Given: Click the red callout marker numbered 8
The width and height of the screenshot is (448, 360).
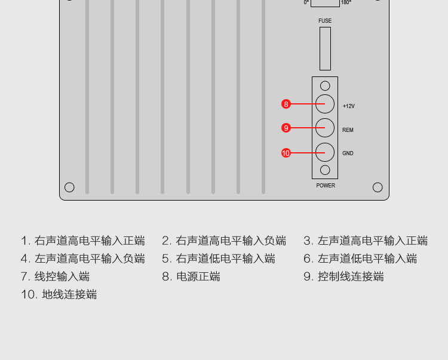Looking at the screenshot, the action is tap(286, 104).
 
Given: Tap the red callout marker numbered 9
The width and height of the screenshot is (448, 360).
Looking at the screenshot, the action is tap(286, 128).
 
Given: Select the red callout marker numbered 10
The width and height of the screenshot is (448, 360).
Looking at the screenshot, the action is tap(286, 153).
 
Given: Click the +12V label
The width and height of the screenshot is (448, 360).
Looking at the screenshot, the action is tap(349, 106).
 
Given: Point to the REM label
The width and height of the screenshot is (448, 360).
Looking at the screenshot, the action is tap(348, 130).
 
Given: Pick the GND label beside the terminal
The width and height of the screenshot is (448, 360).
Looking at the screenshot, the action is tap(348, 153).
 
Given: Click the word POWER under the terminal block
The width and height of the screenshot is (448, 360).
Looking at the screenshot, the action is tap(326, 186).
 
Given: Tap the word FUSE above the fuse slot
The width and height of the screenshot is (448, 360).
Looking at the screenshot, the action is tap(325, 21).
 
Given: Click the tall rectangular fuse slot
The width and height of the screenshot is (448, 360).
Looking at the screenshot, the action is tap(325, 48).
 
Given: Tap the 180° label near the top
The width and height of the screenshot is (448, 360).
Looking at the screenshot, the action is tap(346, 2).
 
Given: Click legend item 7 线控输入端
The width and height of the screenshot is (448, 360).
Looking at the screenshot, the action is tap(55, 276).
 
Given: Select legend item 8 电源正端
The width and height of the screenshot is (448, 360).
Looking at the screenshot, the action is tap(191, 276).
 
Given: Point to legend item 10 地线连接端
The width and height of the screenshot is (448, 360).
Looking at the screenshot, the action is tap(59, 294).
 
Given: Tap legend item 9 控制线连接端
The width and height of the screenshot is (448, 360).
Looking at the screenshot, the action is tap(343, 276).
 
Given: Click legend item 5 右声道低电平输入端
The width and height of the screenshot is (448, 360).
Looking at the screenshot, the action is tap(218, 259).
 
